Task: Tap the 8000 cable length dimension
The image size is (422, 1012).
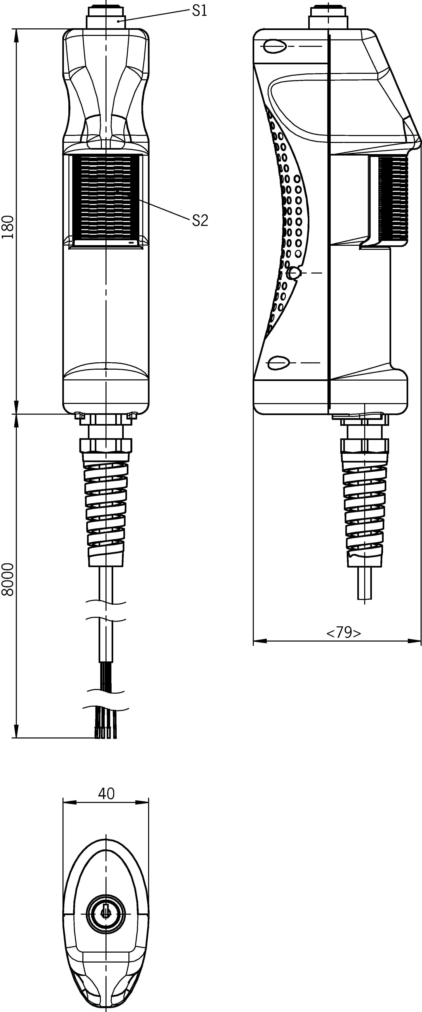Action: point(8,580)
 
